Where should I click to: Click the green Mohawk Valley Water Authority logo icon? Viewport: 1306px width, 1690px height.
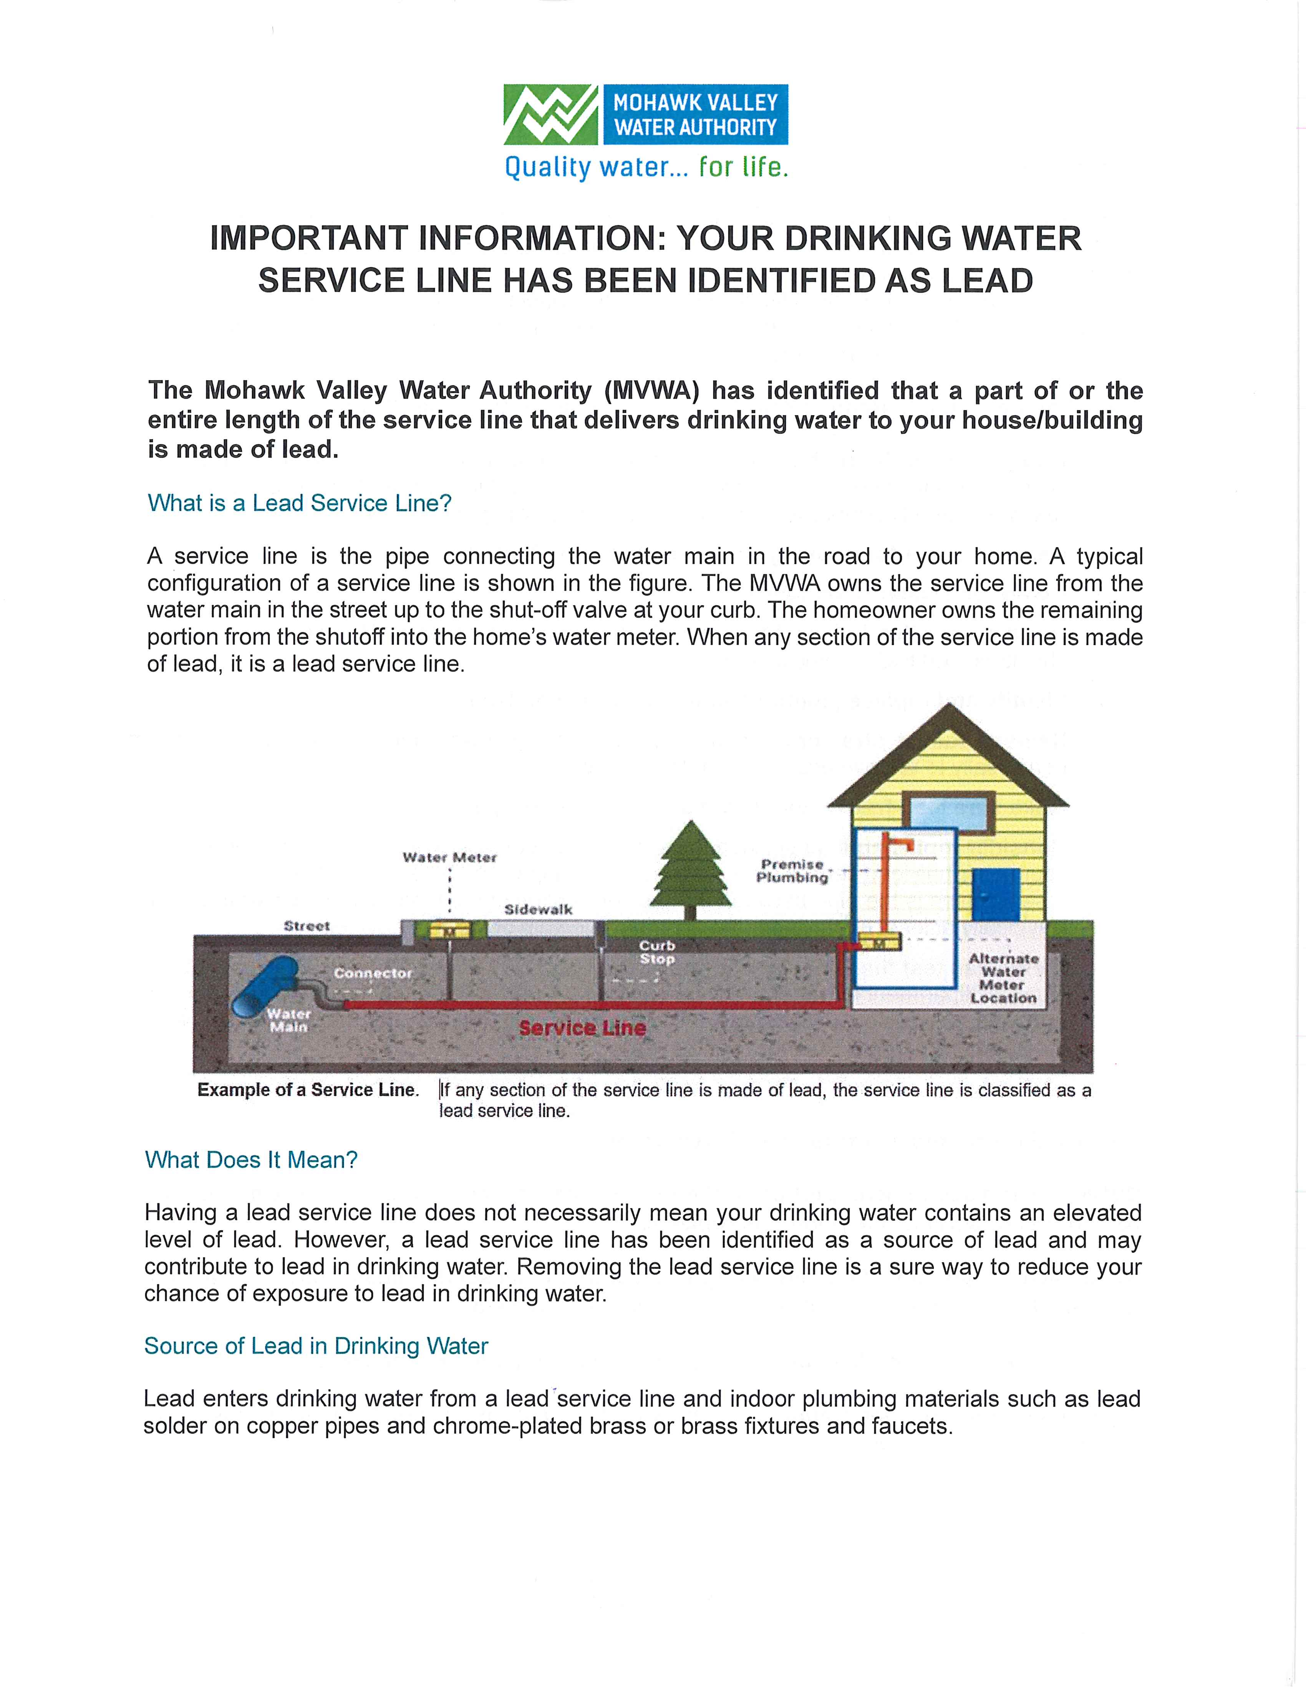pos(550,114)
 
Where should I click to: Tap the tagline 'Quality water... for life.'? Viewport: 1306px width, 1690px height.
pos(646,167)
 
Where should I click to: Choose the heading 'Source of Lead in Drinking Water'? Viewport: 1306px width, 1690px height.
pos(316,1345)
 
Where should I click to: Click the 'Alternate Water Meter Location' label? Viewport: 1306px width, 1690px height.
pos(1003,978)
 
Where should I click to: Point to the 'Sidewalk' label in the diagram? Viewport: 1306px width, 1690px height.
pos(538,909)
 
